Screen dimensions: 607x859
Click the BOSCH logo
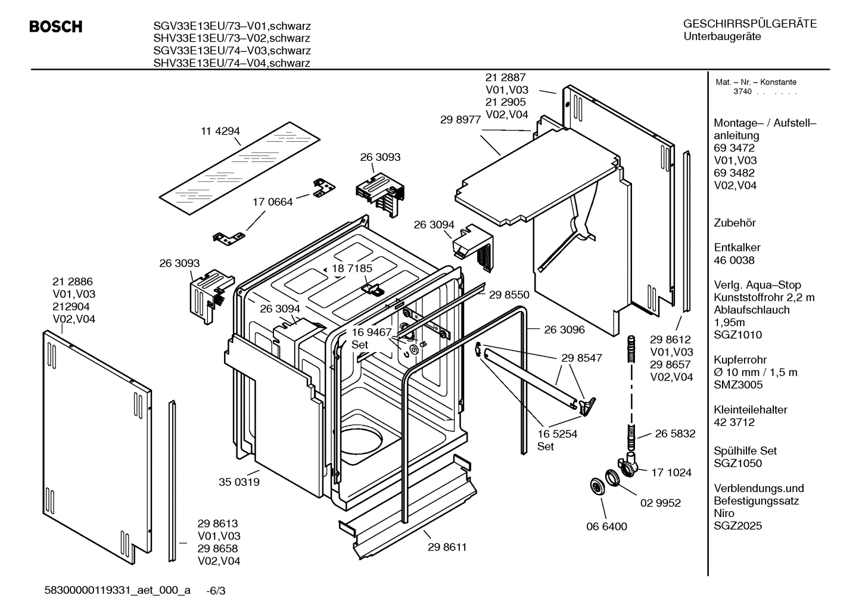[x=56, y=27]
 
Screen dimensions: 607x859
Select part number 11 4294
[x=220, y=131]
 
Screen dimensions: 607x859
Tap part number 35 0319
[x=239, y=482]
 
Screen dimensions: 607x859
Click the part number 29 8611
[x=447, y=547]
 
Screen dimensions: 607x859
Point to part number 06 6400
[x=606, y=527]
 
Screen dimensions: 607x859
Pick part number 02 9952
[x=660, y=503]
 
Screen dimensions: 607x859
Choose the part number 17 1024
[x=671, y=472]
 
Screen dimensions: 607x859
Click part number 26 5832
[x=675, y=434]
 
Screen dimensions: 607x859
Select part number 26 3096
[x=564, y=329]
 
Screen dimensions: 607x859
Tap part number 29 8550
[x=509, y=294]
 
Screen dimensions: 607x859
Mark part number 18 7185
[x=351, y=268]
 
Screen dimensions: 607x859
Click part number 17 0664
[x=273, y=202]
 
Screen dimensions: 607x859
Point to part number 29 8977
[x=460, y=119]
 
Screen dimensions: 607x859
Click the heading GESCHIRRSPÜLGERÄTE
[x=749, y=24]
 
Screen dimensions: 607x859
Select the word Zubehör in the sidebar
[x=734, y=223]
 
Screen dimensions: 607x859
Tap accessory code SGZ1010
[x=737, y=335]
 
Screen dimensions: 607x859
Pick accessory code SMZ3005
[x=738, y=385]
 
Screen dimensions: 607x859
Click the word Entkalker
[x=737, y=247]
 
